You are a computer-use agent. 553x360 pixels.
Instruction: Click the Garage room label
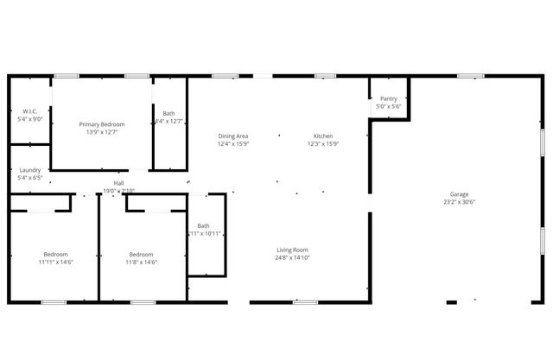click(459, 194)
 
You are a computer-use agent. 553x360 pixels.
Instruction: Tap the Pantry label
click(388, 99)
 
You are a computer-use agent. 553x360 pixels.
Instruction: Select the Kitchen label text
click(323, 136)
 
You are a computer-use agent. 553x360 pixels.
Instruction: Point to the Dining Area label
click(233, 136)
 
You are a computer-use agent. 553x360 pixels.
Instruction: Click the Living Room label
click(292, 249)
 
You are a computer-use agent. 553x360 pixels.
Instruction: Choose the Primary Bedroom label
click(102, 124)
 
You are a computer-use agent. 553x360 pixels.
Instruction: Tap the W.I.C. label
click(30, 112)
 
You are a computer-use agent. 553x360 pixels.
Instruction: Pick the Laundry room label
click(30, 170)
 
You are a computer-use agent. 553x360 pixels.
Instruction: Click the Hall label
click(118, 183)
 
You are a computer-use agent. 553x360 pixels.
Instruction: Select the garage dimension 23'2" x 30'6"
click(459, 202)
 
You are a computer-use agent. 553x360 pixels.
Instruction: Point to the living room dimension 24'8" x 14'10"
click(292, 257)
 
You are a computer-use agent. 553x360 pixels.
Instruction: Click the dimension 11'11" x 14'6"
click(56, 262)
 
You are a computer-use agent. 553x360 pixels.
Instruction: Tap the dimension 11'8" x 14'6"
click(141, 262)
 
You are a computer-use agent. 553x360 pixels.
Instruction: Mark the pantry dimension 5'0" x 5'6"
click(388, 107)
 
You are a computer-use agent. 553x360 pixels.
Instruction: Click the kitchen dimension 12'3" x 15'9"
click(323, 144)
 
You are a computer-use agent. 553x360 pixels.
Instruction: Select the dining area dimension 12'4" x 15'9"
click(233, 144)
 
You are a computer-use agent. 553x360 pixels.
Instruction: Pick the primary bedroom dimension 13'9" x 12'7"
click(102, 132)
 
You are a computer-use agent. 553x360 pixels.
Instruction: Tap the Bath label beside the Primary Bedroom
click(168, 113)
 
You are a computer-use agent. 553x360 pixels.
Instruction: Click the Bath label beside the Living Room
click(203, 226)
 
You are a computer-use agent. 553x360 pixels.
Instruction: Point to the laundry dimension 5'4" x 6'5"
click(30, 178)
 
